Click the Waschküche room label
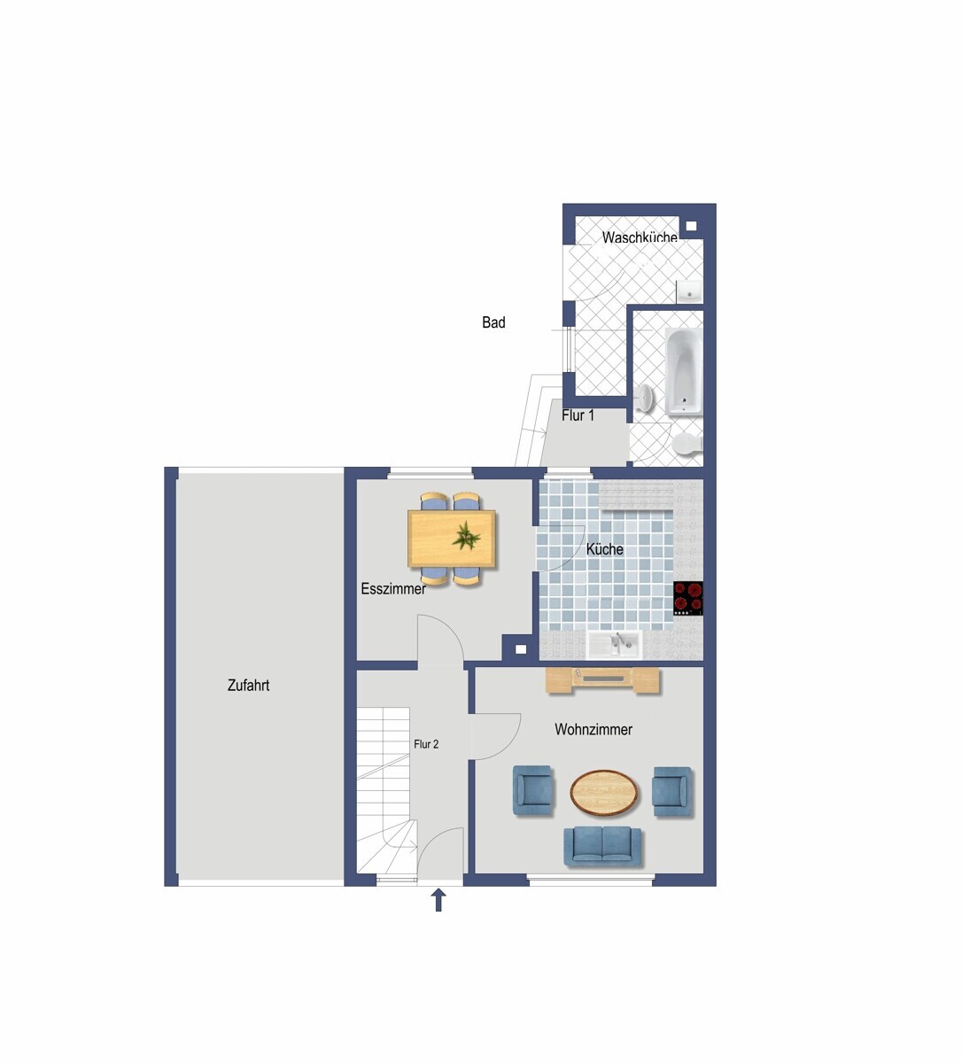point(640,238)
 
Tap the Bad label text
point(493,322)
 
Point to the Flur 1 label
point(578,415)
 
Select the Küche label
point(604,549)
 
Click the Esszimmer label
point(393,589)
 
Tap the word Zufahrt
point(249,685)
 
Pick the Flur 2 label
point(426,744)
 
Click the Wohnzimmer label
point(593,730)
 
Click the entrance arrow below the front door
point(438,900)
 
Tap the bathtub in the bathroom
point(684,371)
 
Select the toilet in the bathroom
point(687,443)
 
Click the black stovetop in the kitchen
point(688,598)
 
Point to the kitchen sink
point(615,645)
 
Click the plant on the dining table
point(467,536)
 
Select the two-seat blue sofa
point(602,846)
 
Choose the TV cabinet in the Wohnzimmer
point(602,679)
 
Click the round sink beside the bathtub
point(645,396)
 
